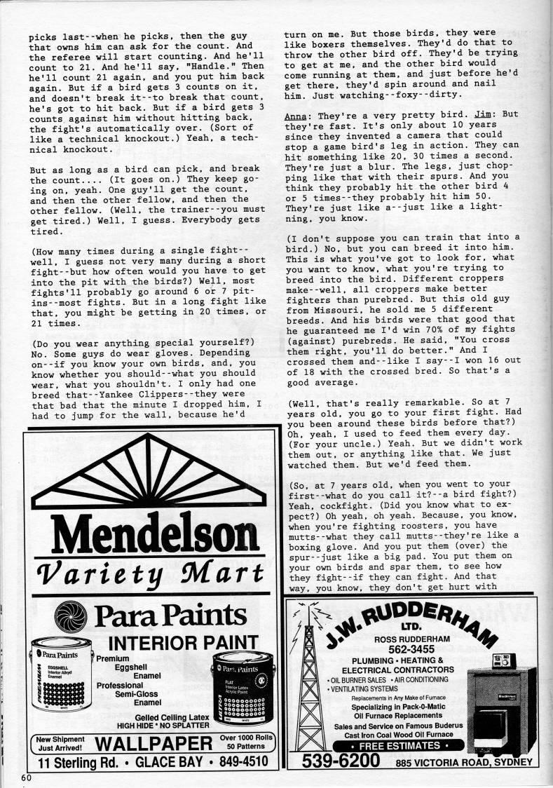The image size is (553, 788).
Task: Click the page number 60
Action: (x=27, y=777)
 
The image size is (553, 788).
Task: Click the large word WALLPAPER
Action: (x=153, y=743)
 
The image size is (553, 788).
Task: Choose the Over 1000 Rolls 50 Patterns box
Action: (x=245, y=742)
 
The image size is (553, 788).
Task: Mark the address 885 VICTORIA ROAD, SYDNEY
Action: (x=464, y=763)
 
